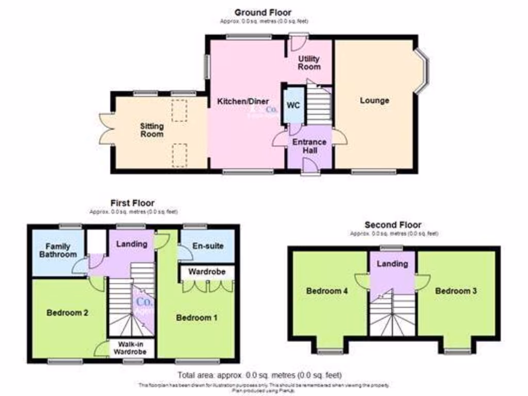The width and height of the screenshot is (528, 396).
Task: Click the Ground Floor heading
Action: click(x=262, y=12)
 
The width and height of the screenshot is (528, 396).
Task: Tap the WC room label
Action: click(x=293, y=106)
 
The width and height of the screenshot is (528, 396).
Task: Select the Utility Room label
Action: click(x=309, y=63)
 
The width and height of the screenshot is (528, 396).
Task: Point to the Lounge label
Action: click(x=374, y=101)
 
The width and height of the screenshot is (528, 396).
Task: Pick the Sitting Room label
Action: click(x=152, y=130)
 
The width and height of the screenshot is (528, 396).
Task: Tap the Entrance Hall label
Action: click(x=309, y=146)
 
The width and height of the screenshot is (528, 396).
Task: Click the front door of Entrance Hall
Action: click(x=309, y=166)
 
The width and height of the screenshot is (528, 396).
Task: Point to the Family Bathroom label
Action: click(x=57, y=250)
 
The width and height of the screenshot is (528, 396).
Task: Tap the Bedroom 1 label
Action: click(x=196, y=318)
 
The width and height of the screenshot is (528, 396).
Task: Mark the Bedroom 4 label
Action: click(x=326, y=291)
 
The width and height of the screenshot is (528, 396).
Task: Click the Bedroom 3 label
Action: click(x=456, y=291)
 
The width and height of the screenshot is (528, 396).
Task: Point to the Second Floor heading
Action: click(x=393, y=225)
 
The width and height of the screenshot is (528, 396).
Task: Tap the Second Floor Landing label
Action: click(x=393, y=264)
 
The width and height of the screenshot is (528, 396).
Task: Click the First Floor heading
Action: click(x=132, y=203)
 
